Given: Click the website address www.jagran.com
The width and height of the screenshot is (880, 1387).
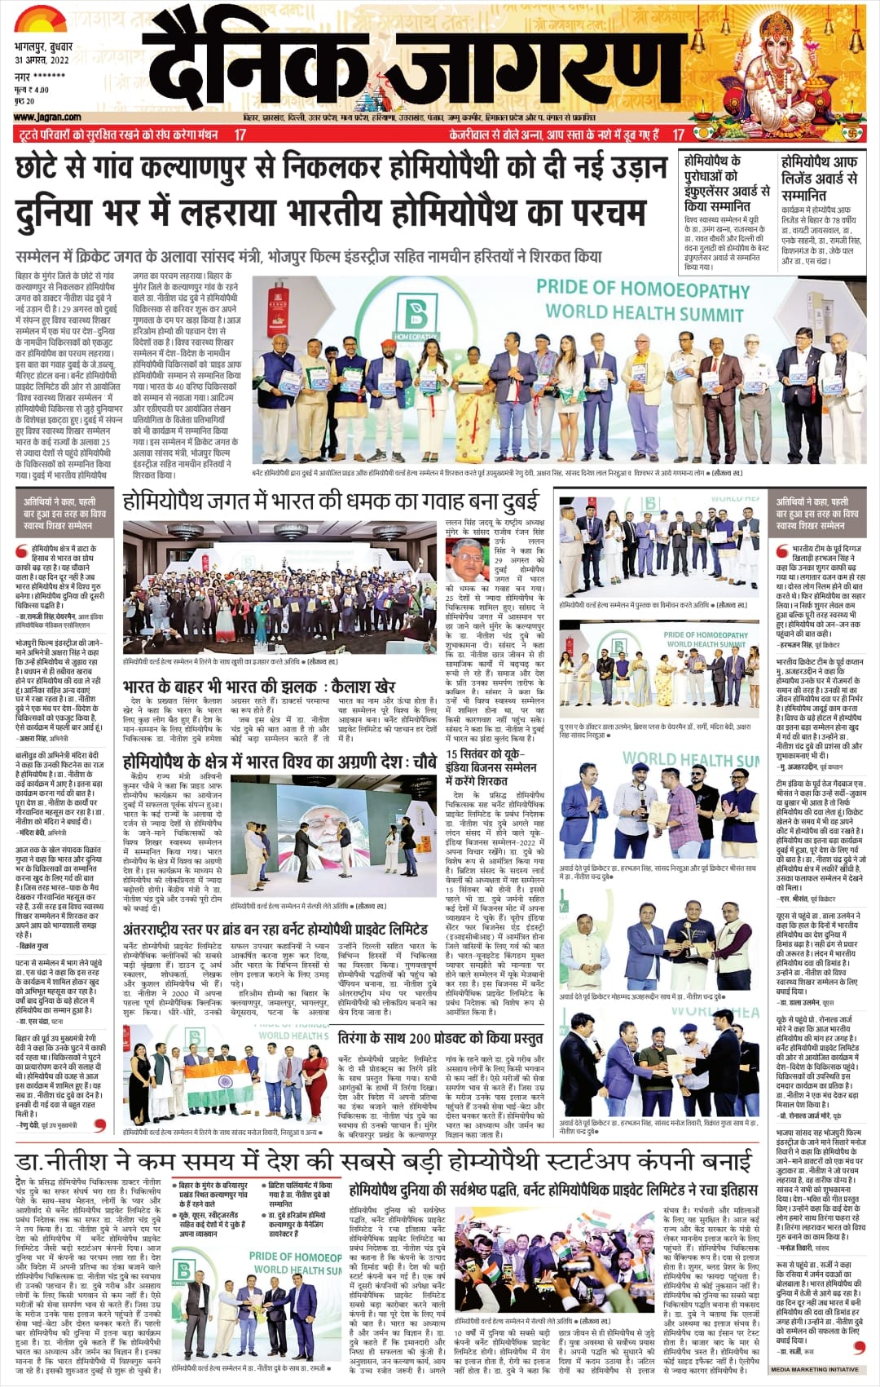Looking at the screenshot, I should pos(47,117).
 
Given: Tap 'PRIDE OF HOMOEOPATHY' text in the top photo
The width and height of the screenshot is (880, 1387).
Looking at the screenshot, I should pos(643,289).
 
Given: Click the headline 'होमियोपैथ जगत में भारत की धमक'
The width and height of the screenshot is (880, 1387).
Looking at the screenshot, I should pos(331,500).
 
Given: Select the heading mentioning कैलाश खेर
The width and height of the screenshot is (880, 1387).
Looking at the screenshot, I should pos(259,687).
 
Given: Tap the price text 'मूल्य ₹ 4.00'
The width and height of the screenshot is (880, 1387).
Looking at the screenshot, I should pos(32,90).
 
